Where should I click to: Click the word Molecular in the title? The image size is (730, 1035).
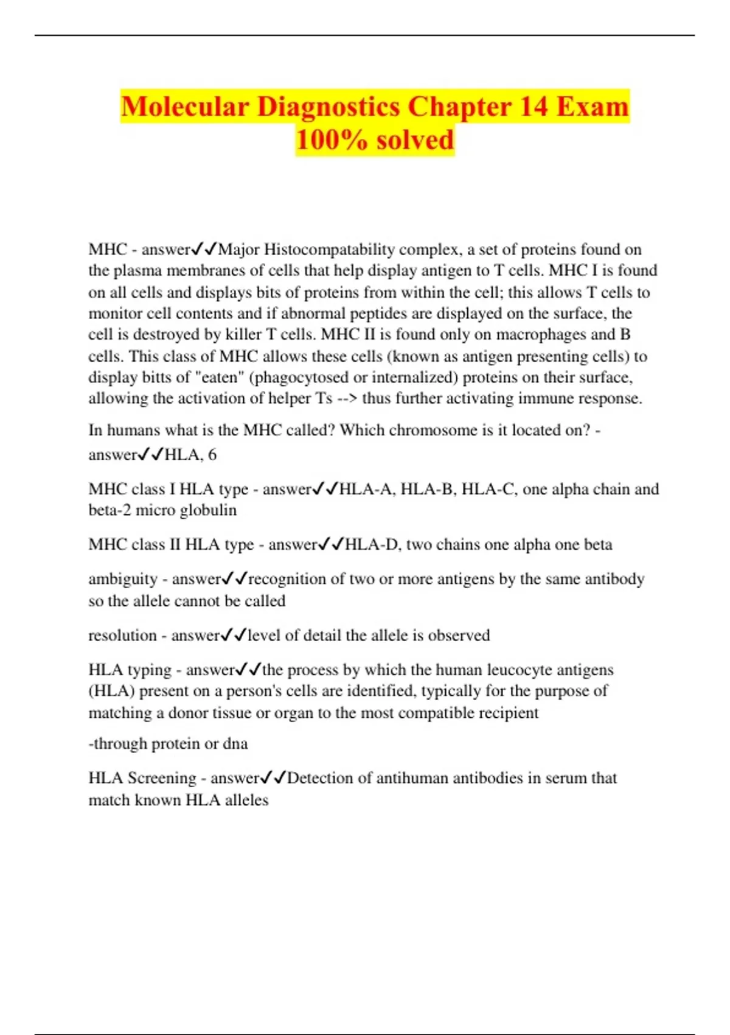coord(185,107)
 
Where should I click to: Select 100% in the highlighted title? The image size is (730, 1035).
coord(331,139)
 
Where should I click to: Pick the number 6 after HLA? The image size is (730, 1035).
coord(212,455)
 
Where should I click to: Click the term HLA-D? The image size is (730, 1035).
coord(372,544)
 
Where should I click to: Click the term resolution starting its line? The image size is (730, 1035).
coord(122,636)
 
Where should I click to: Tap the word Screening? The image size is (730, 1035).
coord(161,778)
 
